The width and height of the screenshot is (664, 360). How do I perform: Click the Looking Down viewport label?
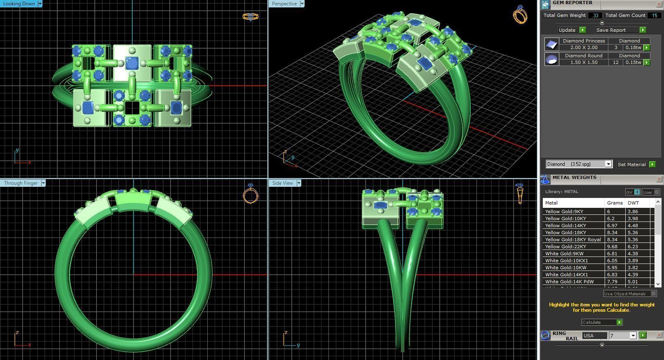coord(19,4)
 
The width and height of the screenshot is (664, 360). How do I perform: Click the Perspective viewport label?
coord(284,4)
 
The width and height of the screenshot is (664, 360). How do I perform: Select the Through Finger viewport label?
coord(21,183)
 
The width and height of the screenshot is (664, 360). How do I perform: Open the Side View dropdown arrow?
coord(299,183)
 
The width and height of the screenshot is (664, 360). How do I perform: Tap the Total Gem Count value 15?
coord(654,15)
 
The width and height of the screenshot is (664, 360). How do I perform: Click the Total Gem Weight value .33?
coord(595,15)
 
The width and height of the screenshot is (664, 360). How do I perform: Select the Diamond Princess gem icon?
coord(551,44)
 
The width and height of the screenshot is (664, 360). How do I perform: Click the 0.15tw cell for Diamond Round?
coord(633,62)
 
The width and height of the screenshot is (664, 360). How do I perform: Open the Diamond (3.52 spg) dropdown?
coord(608,164)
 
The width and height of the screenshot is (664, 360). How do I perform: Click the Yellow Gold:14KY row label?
coord(565,226)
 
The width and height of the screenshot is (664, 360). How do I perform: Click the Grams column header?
coord(615,203)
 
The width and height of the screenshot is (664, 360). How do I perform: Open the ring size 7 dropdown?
coord(633,336)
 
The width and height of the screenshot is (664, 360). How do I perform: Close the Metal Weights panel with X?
coord(659,179)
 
